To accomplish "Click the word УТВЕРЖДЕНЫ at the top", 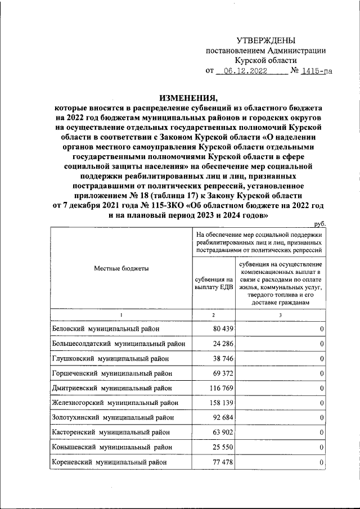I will tap(265, 40).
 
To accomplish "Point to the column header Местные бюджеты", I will tap(121, 269).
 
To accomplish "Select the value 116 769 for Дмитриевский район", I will tap(218, 388).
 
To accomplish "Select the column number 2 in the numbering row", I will tap(214, 314).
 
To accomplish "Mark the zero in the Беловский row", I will tap(321, 328).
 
